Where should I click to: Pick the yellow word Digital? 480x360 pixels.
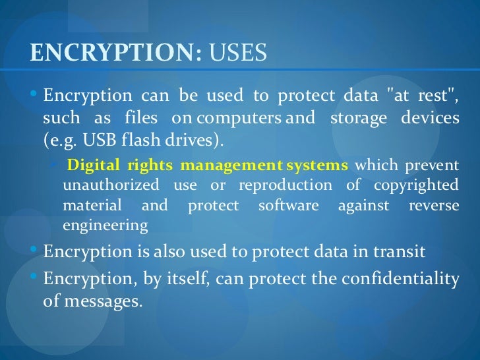click(x=92, y=164)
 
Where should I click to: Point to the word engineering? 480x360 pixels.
click(x=105, y=225)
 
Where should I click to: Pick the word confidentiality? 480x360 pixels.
click(x=400, y=280)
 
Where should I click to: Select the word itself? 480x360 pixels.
click(x=184, y=280)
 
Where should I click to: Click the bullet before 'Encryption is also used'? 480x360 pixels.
click(x=34, y=251)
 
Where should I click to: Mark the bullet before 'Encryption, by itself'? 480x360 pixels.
click(x=34, y=278)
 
